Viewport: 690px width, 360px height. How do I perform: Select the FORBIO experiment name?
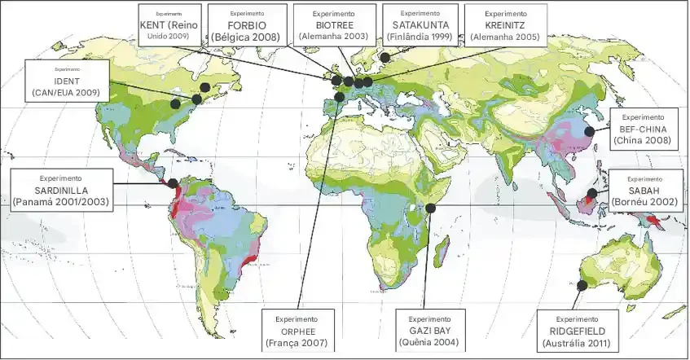click(247, 24)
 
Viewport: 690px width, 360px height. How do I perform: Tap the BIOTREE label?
click(334, 24)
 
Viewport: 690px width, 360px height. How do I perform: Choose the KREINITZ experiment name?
click(505, 24)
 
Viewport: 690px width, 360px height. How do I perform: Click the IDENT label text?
click(67, 81)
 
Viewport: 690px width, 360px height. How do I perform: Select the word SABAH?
click(644, 190)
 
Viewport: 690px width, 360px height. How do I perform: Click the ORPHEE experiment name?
click(297, 331)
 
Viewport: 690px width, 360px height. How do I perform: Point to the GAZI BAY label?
click(430, 331)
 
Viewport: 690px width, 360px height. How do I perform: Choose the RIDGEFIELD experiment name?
click(575, 331)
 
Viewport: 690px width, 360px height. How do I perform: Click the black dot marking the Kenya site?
click(431, 209)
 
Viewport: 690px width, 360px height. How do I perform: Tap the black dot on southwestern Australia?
click(582, 286)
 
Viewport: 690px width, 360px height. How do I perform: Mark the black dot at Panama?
click(173, 184)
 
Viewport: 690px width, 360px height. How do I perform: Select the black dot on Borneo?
click(591, 195)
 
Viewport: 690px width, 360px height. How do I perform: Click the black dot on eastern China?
click(588, 129)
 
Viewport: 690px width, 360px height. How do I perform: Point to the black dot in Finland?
click(385, 58)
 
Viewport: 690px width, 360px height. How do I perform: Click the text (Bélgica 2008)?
click(247, 37)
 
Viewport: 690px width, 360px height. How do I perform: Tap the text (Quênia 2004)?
click(430, 344)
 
